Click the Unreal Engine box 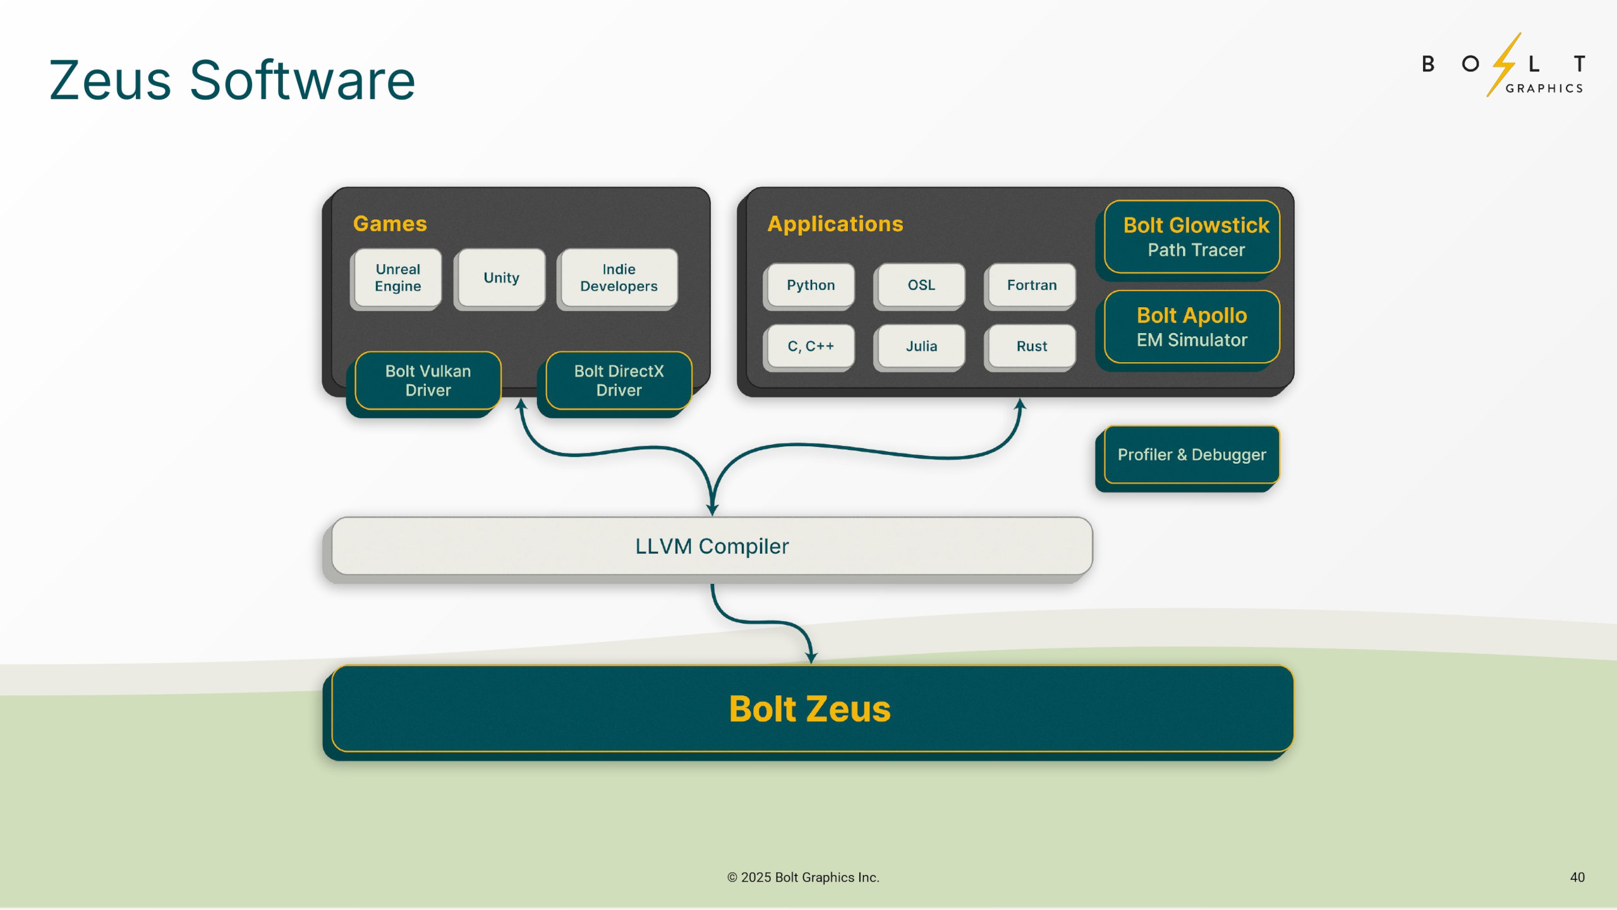tap(397, 278)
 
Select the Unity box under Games tap(501, 278)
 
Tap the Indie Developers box tap(619, 278)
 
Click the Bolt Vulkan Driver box tap(428, 380)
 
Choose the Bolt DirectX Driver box tap(619, 380)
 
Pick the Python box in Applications tap(810, 286)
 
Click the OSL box tap(921, 286)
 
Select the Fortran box tap(1031, 286)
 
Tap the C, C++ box tap(810, 346)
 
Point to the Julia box tap(921, 346)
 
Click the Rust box tap(1031, 346)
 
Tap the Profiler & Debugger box tap(1192, 455)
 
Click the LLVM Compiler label tap(712, 547)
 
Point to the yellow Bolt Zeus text tap(809, 709)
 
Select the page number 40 tap(1577, 877)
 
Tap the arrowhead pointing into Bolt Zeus tap(811, 657)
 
